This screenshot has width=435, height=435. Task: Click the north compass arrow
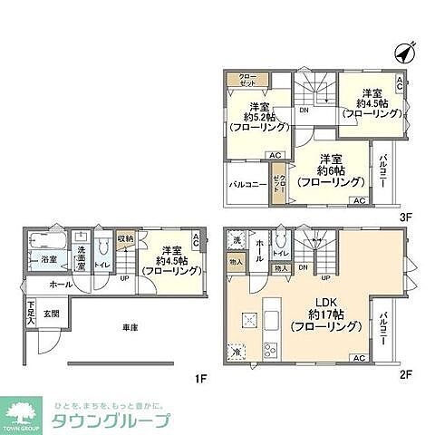coord(404,51)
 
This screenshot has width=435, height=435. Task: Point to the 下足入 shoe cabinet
coord(31,314)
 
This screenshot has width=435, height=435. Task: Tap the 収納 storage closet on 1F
coord(125,238)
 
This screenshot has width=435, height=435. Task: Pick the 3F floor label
coord(406,217)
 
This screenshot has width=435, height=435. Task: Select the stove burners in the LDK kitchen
coord(269,348)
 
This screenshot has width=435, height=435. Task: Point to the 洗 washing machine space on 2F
coord(237,241)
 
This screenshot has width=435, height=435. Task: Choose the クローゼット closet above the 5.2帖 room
coord(246,80)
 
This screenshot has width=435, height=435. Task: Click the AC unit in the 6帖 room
coord(359,200)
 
